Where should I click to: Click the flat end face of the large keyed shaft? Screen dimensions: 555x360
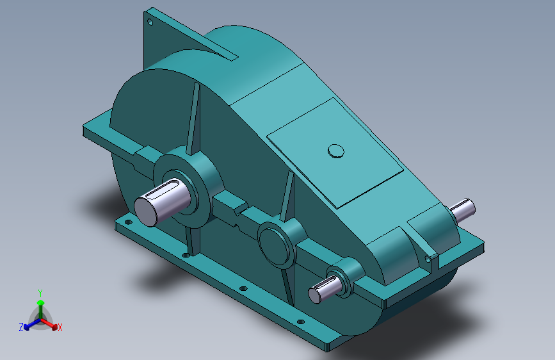tap(145, 212)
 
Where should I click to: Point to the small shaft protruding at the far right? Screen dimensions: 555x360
tap(463, 209)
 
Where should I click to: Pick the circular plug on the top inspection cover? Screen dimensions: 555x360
tap(336, 151)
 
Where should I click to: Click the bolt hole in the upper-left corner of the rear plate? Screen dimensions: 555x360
tap(150, 22)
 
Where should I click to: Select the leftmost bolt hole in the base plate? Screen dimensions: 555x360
tap(128, 222)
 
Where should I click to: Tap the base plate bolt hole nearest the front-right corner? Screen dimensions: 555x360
tap(300, 322)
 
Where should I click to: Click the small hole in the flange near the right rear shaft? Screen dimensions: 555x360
tap(428, 259)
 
